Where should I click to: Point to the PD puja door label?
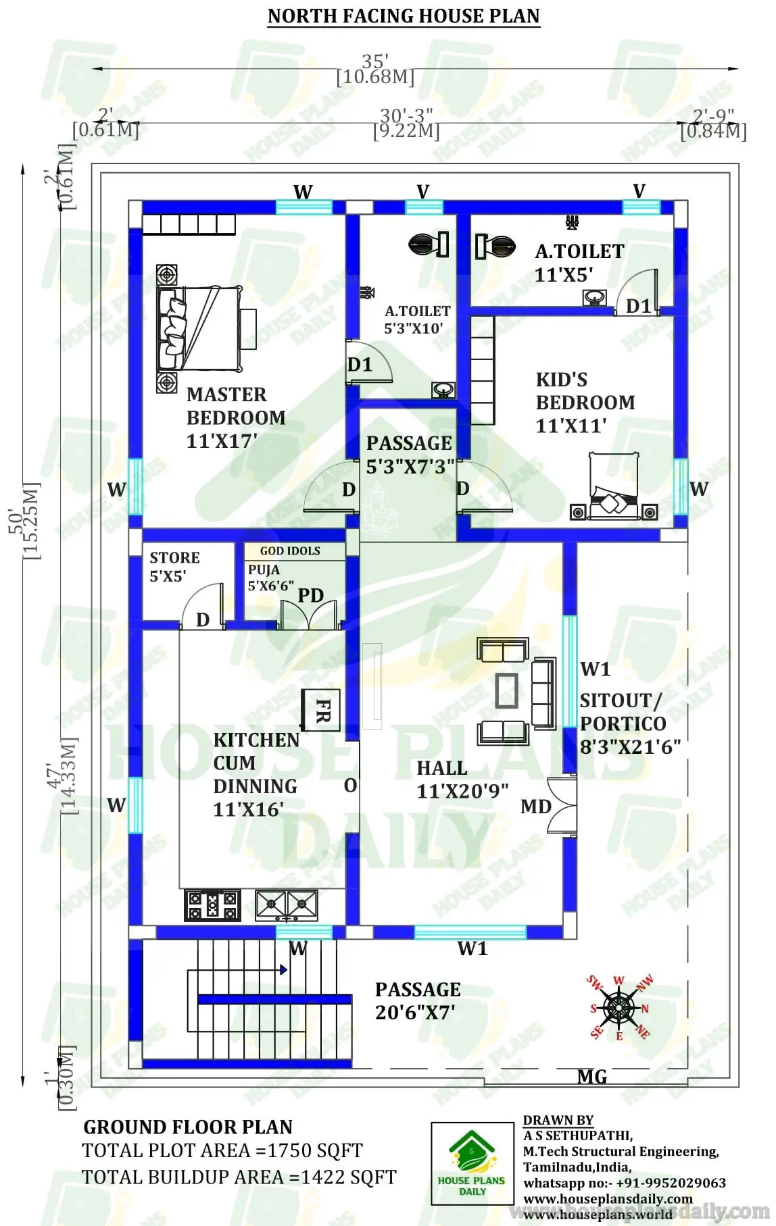[x=310, y=595]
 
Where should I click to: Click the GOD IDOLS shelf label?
[x=290, y=551]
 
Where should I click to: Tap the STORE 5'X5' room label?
[x=174, y=566]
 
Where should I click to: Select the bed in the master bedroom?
[x=199, y=329]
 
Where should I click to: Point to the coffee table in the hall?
[x=507, y=690]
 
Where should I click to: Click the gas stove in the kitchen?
[x=212, y=905]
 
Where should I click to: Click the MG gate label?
[x=591, y=1077]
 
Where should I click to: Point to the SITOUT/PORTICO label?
[x=623, y=712]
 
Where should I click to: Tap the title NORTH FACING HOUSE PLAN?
[x=404, y=16]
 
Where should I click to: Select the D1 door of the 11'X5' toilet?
[x=637, y=305]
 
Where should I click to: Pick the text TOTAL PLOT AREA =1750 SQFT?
[x=222, y=1150]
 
